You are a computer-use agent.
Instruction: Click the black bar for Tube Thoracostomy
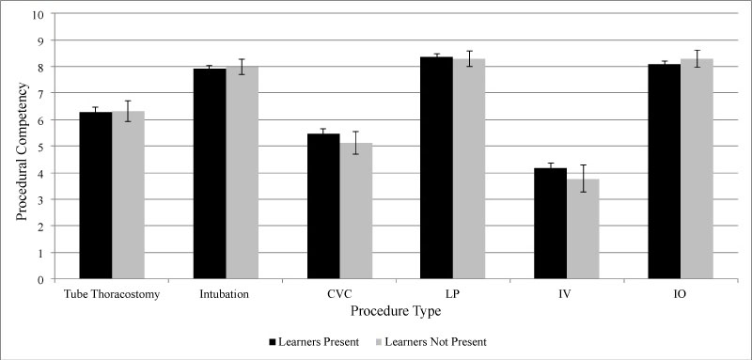[x=96, y=196]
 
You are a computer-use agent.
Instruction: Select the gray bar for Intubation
[x=243, y=173]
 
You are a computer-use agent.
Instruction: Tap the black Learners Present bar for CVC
[x=323, y=206]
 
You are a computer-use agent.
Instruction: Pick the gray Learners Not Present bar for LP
[x=469, y=169]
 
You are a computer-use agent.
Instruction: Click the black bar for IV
[x=551, y=224]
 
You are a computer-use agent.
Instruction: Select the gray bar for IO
[x=697, y=169]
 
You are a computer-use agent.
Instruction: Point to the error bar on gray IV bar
[x=583, y=179]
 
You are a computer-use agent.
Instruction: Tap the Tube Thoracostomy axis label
[x=111, y=294]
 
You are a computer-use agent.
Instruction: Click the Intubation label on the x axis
[x=225, y=294]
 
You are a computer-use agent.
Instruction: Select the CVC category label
[x=340, y=294]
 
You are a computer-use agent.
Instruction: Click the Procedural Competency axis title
[x=22, y=151]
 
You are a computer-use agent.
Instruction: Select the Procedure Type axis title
[x=396, y=311]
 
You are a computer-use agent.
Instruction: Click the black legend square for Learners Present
[x=273, y=342]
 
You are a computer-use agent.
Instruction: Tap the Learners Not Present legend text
[x=435, y=342]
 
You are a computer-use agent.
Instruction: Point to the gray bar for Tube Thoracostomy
[x=129, y=195]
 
